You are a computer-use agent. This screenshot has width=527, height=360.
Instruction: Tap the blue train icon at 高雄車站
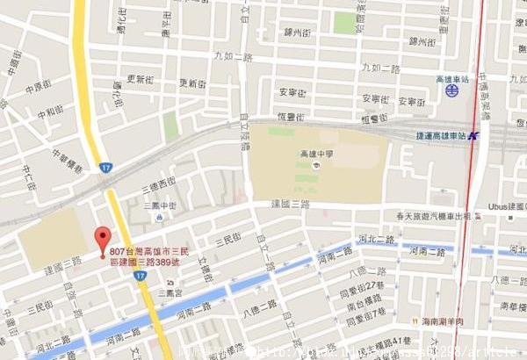pyautogui.click(x=451, y=90)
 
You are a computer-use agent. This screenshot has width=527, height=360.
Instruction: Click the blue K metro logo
pyautogui.click(x=473, y=136)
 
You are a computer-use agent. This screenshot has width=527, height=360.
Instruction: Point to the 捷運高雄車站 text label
pyautogui.click(x=441, y=136)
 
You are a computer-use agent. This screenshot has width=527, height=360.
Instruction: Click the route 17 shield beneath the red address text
pyautogui.click(x=141, y=276)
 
